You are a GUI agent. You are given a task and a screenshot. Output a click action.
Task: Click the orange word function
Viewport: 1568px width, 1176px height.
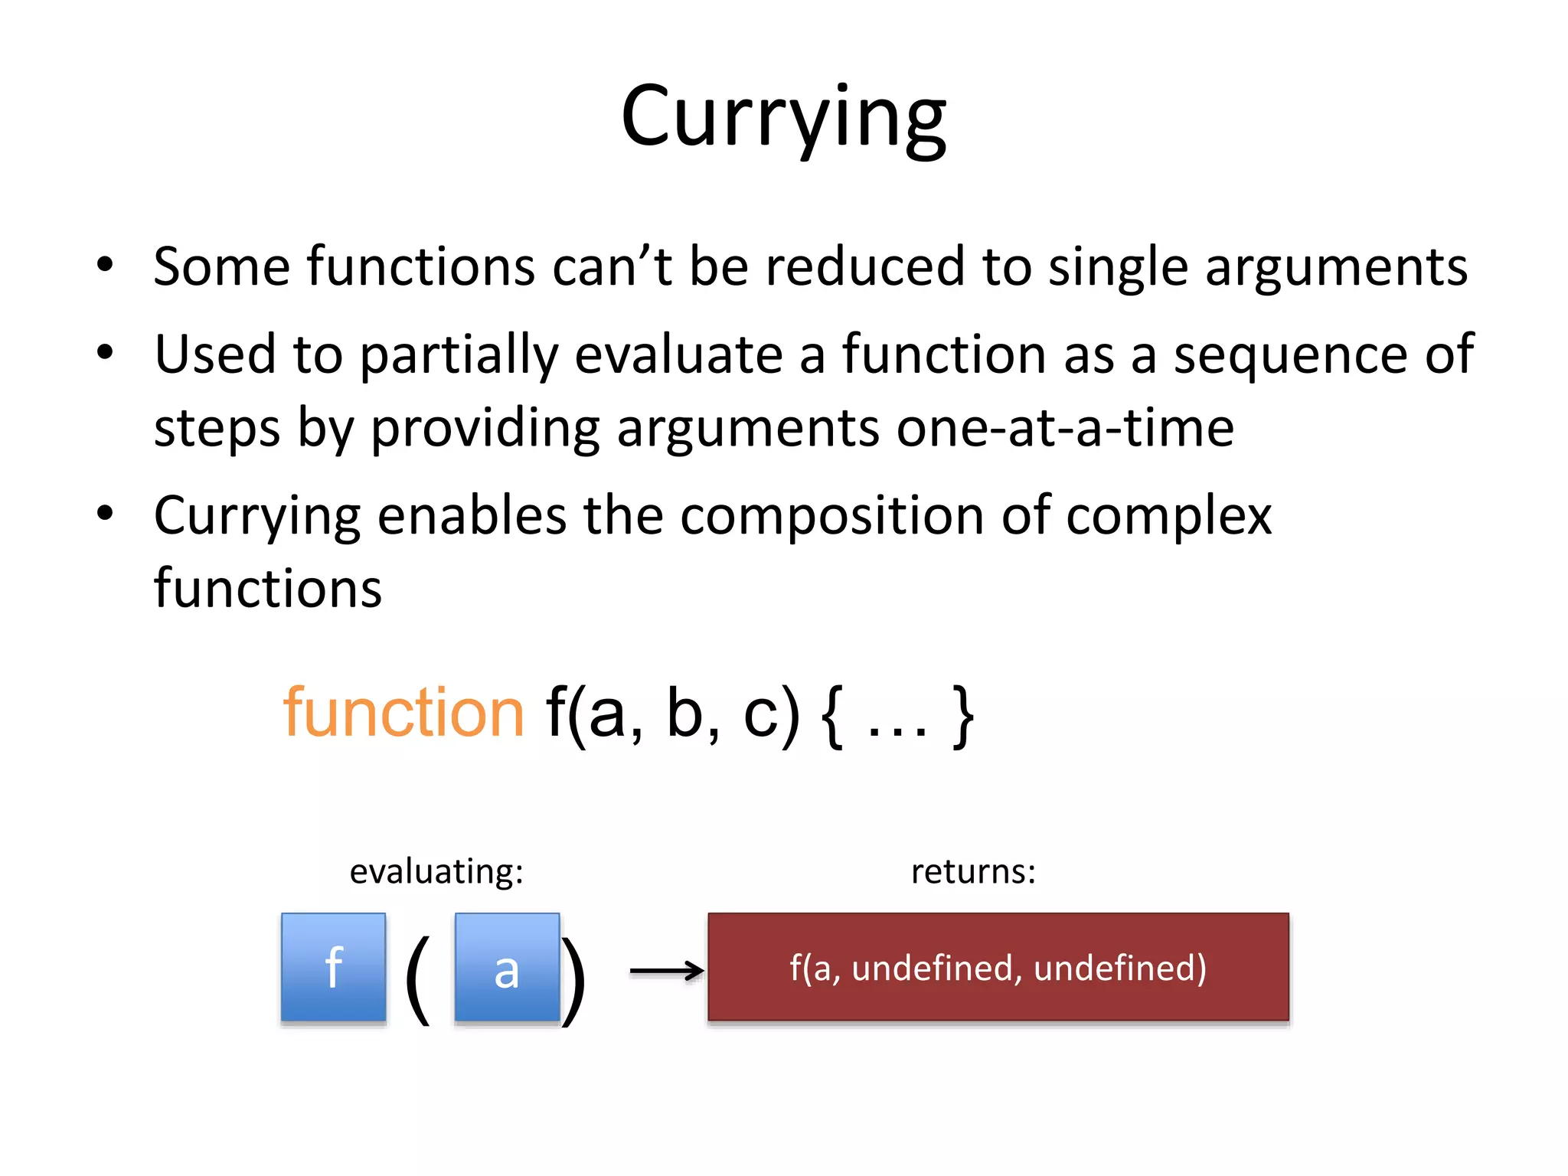(x=403, y=713)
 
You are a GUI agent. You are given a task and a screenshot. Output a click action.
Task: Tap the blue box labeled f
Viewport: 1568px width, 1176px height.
(x=333, y=967)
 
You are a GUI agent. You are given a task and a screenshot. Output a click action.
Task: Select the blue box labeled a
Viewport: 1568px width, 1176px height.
(x=507, y=967)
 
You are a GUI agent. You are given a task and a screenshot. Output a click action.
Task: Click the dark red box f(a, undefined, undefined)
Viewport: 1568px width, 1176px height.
(x=998, y=967)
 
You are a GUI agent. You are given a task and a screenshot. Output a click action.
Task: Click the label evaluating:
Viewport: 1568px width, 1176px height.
(x=436, y=871)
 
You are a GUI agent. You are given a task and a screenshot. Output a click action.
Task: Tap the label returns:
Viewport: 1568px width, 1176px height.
(x=973, y=871)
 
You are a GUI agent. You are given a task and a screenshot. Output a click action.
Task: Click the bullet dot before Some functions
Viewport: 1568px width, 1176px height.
(x=105, y=265)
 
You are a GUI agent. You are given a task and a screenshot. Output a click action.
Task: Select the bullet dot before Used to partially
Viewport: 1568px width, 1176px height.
(x=105, y=353)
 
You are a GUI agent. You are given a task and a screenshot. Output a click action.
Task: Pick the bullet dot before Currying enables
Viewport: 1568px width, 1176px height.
(x=105, y=514)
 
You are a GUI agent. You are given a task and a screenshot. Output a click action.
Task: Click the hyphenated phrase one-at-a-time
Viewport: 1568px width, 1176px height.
(x=1065, y=427)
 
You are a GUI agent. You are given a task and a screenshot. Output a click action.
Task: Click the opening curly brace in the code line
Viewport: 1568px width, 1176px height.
(x=832, y=717)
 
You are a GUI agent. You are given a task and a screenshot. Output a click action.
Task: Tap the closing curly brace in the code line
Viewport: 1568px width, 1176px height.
(x=962, y=717)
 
